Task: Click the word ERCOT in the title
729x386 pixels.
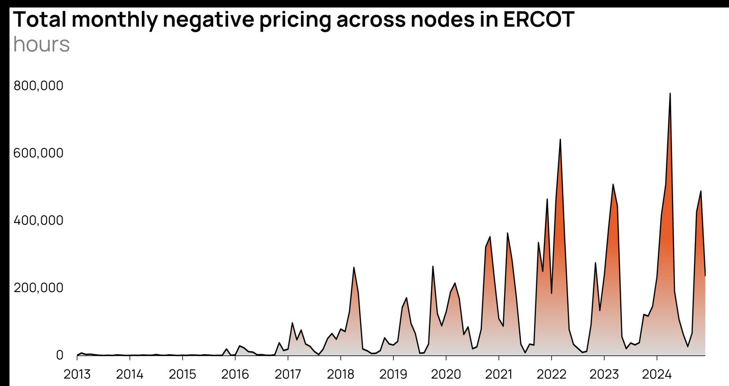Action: coord(539,19)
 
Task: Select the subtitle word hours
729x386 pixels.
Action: coord(42,45)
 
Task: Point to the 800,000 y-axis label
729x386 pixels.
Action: coord(38,86)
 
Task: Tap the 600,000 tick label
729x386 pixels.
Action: coord(38,153)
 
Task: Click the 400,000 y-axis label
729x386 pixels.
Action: coord(38,221)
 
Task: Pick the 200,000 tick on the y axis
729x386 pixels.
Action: coord(38,288)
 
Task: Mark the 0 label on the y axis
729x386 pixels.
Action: coord(59,355)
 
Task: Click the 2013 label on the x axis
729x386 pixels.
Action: coord(77,374)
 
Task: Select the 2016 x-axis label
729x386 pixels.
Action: coord(235,374)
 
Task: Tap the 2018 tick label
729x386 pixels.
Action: coord(340,374)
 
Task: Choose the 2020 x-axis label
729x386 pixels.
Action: coord(446,374)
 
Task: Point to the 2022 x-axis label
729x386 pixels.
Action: coord(551,374)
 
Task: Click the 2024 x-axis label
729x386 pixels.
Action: coord(656,374)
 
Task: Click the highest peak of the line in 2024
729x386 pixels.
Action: coord(670,93)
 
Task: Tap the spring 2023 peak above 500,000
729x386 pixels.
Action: coord(613,184)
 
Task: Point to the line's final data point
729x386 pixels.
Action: coord(705,276)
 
